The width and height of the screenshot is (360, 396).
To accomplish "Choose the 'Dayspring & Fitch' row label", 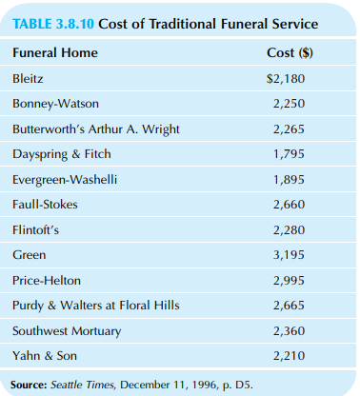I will (61, 153).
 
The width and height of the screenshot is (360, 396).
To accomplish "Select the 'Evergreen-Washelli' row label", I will (64, 179).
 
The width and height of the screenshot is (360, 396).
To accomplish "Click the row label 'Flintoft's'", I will (36, 229).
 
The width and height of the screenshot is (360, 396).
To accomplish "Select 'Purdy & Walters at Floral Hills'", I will (96, 306).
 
